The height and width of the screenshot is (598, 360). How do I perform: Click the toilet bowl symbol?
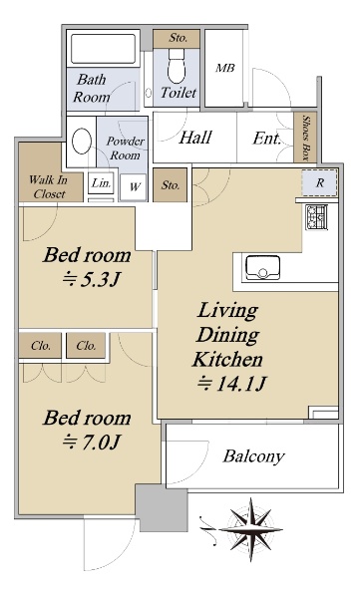pyautogui.click(x=177, y=66)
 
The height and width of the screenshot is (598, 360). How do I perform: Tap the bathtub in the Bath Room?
pyautogui.click(x=103, y=49)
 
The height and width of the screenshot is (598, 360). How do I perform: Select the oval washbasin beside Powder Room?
pyautogui.click(x=82, y=141)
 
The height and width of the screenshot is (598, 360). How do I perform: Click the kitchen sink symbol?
pyautogui.click(x=262, y=268)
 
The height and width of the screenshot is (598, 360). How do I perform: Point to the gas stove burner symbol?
pyautogui.click(x=316, y=217)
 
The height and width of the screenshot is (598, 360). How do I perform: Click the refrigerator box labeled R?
pyautogui.click(x=319, y=182)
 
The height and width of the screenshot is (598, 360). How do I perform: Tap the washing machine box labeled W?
pyautogui.click(x=134, y=187)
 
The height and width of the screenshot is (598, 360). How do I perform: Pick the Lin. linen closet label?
pyautogui.click(x=102, y=183)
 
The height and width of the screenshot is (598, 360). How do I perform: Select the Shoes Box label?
pyautogui.click(x=306, y=138)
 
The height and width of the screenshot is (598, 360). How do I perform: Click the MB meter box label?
pyautogui.click(x=224, y=68)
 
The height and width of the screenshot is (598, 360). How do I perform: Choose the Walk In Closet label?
pyautogui.click(x=49, y=186)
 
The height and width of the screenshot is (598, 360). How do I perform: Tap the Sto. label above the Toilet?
pyautogui.click(x=178, y=38)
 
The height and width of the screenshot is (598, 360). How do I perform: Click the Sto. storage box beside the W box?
pyautogui.click(x=171, y=185)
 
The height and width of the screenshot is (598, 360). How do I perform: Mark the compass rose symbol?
pyautogui.click(x=250, y=529)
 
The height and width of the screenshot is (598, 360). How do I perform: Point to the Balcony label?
pyautogui.click(x=253, y=456)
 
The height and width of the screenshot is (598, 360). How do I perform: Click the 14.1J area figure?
pyautogui.click(x=230, y=384)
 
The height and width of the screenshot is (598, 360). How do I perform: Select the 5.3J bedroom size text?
pyautogui.click(x=91, y=280)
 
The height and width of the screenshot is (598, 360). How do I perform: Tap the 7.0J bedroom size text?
pyautogui.click(x=91, y=442)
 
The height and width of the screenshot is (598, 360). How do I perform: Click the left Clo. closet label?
pyautogui.click(x=41, y=346)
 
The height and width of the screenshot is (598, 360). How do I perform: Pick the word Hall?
pyautogui.click(x=195, y=138)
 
